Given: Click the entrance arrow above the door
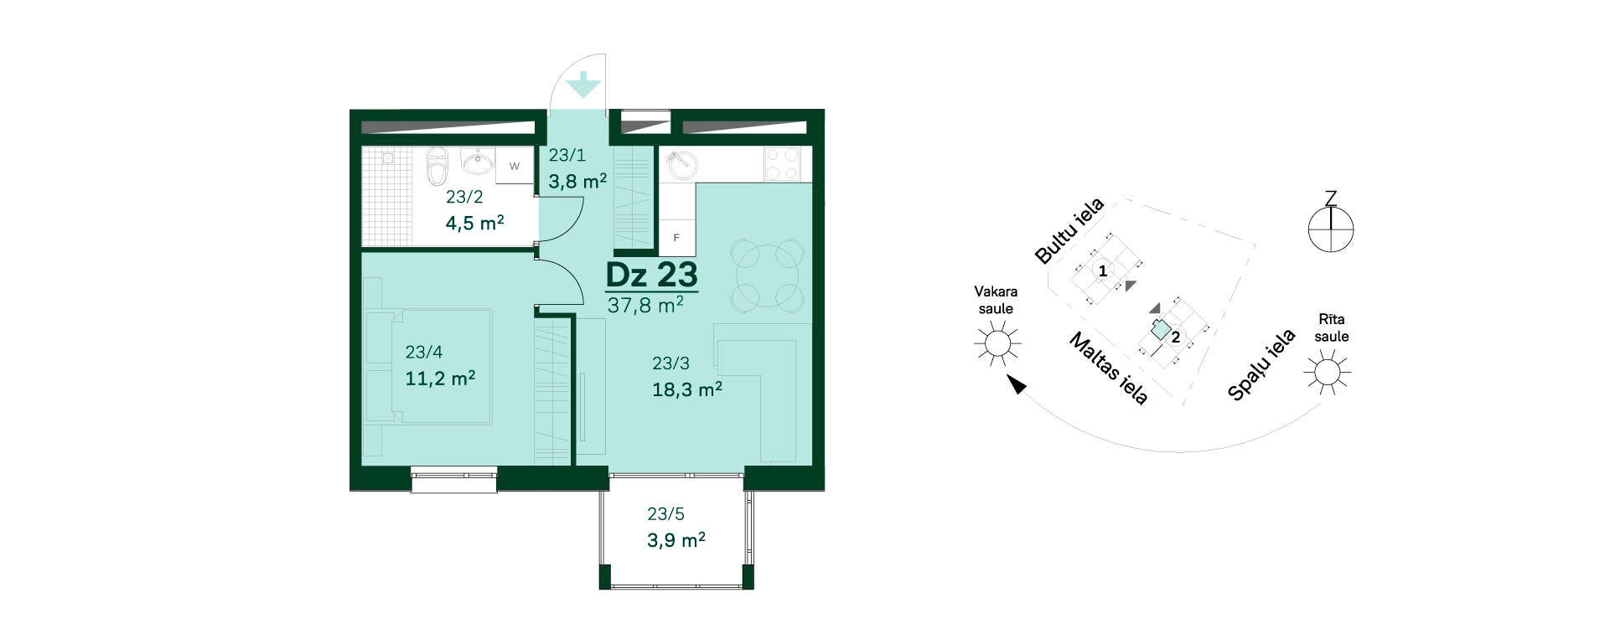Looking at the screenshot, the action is pos(582,85).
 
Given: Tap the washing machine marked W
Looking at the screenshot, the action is pos(515,166).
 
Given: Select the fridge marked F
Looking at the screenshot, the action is pos(676,237).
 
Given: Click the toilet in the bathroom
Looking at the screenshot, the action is pos(437,167).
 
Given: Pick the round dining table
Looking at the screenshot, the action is pos(767,274).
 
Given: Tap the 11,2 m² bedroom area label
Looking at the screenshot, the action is pos(440,379).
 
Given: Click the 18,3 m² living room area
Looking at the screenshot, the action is pos(687,389).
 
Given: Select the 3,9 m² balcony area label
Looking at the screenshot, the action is pos(676,540).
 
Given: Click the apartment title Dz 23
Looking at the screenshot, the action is pos(651,275).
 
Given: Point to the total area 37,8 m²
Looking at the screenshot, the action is pos(645,305).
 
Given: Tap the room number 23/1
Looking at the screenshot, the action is pos(567,155).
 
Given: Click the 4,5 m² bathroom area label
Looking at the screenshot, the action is pos(474,223).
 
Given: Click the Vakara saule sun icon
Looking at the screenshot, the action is pos(997,343).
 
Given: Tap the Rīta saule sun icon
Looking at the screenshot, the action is pos(1327,371).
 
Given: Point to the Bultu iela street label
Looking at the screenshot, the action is pos(1069,231).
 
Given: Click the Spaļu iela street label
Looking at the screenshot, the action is pos(1261,365).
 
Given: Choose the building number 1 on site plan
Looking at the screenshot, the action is pos(1103,271).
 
